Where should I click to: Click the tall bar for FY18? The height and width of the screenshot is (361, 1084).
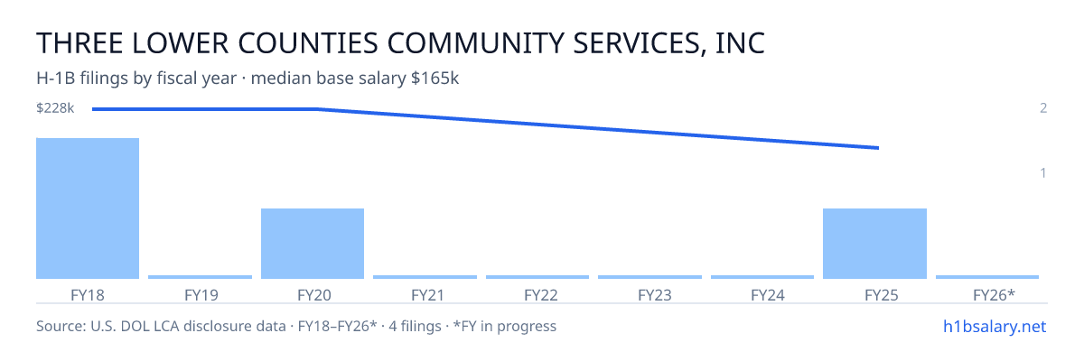88,208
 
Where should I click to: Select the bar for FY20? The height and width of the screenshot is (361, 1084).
313,244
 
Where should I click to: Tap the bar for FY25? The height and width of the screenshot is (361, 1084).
875,244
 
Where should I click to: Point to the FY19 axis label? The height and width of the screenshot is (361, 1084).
201,295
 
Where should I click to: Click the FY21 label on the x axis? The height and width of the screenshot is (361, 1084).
428,295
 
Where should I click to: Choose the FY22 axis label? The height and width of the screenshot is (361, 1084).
541,295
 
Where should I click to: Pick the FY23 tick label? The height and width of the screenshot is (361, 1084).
655,295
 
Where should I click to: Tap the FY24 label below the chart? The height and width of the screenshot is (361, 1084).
768,295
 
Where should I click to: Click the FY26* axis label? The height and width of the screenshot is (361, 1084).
994,295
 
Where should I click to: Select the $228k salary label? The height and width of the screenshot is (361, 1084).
55,108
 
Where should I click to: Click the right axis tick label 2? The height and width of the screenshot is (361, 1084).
1043,107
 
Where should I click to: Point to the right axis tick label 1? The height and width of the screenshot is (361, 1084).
1043,172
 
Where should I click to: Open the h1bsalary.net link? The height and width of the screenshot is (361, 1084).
995,326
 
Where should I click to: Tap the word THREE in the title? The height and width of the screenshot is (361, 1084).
79,43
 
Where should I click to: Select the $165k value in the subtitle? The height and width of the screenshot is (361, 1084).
435,79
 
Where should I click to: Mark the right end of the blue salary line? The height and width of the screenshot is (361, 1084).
878,148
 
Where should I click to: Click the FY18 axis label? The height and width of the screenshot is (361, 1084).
88,295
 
